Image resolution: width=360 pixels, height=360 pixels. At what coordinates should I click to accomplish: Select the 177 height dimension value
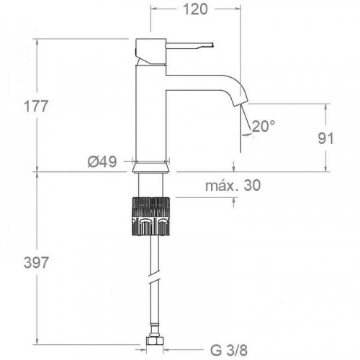(35, 106)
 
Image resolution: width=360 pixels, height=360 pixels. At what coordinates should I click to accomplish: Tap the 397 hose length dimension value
(35, 263)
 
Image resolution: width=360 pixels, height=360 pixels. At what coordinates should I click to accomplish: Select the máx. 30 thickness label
(233, 186)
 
